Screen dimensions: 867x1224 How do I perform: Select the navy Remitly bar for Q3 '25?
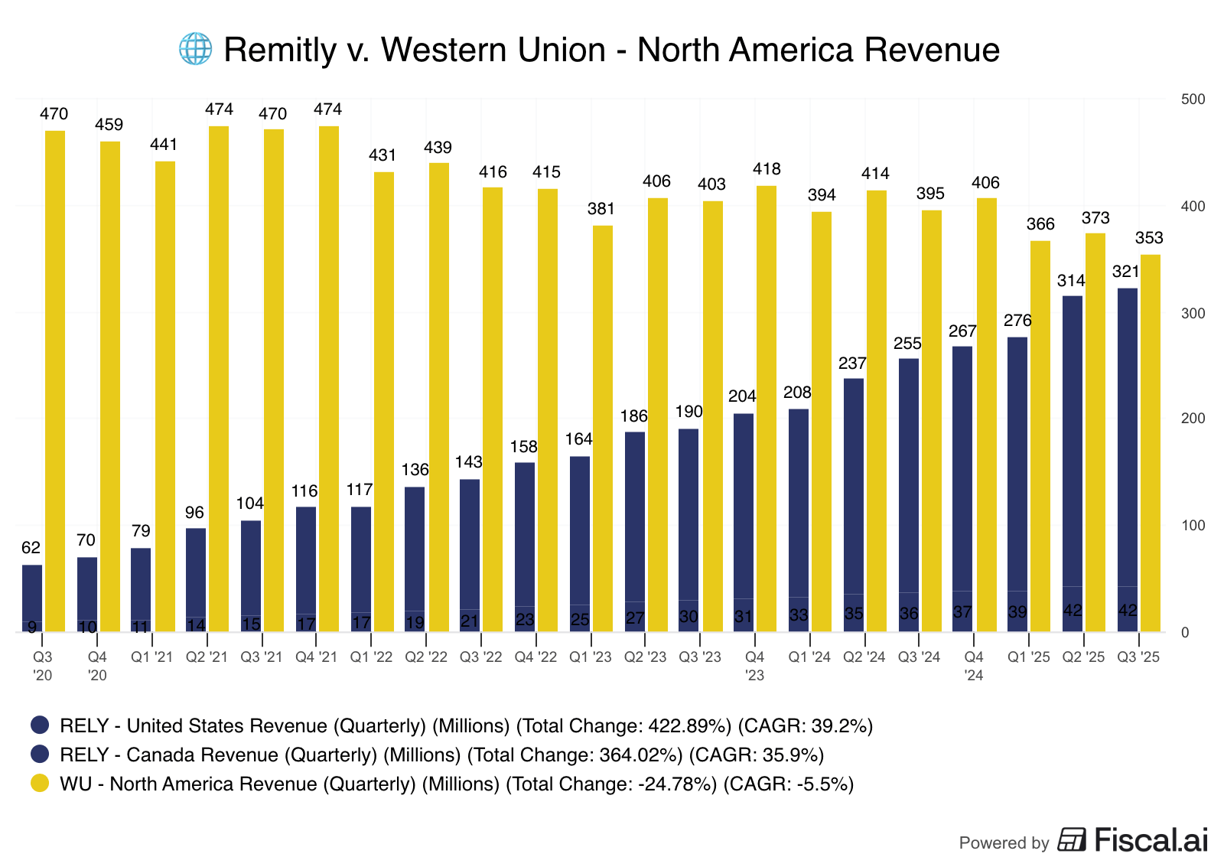click(1127, 459)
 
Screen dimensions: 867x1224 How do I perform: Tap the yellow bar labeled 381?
click(603, 429)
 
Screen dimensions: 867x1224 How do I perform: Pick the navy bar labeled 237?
click(854, 505)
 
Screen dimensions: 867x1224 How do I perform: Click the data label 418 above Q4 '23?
click(767, 169)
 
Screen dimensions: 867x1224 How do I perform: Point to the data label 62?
click(31, 548)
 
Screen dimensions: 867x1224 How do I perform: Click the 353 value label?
click(1149, 238)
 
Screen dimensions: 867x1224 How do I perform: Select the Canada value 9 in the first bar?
click(32, 627)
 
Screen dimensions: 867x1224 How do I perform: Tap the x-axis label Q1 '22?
click(371, 657)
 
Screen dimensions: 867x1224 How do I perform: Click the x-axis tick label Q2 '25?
click(1084, 657)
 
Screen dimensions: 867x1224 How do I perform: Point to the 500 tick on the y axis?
click(1193, 99)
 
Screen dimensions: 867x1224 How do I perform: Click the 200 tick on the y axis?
click(1193, 419)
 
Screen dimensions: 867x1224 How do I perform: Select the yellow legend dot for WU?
click(40, 784)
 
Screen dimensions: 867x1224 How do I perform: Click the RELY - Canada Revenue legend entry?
click(442, 755)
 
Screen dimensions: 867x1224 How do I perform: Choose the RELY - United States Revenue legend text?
click(466, 726)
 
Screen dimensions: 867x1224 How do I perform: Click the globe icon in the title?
click(195, 50)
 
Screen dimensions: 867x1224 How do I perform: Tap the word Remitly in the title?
click(280, 51)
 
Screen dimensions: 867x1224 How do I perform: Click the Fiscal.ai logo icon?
click(1072, 840)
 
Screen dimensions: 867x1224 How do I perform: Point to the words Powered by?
click(1004, 843)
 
